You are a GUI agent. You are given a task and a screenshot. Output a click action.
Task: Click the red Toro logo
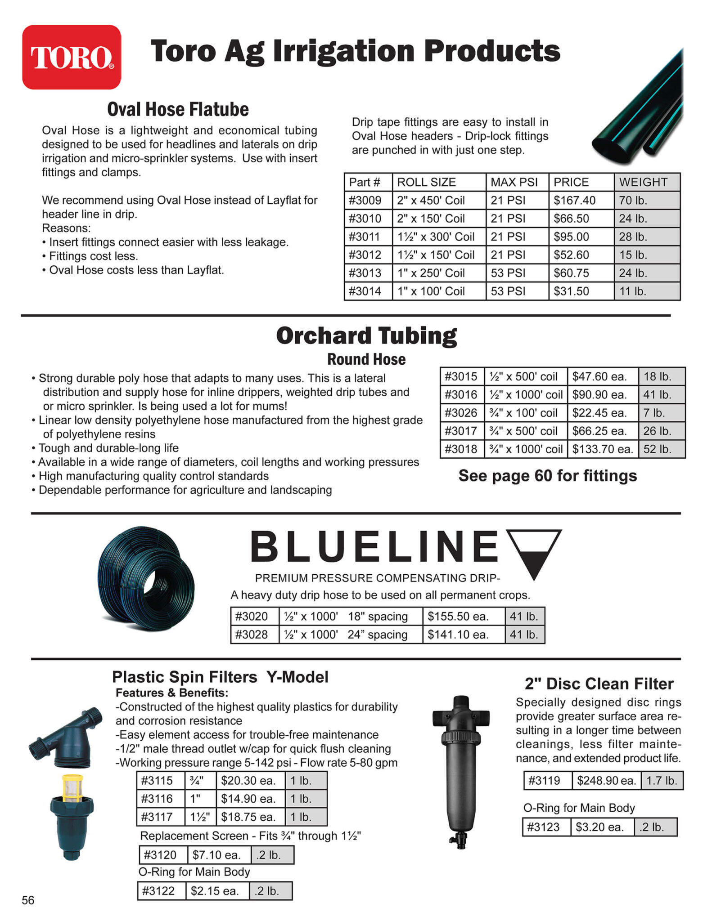coord(72,57)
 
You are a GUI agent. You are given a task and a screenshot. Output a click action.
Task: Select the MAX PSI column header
coord(514,182)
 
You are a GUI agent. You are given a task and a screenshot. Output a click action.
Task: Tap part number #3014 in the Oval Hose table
coord(365,291)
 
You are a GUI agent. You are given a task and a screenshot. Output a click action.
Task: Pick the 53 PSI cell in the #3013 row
coord(508,273)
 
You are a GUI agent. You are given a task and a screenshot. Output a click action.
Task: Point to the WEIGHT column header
coord(643,182)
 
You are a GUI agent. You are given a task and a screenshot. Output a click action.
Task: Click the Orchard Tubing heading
coord(366,335)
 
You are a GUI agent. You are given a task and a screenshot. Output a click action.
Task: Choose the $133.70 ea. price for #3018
coord(602,449)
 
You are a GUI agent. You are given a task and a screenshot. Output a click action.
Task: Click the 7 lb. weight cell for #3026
coord(653,413)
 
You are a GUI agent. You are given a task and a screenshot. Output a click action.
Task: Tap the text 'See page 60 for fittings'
coord(547,476)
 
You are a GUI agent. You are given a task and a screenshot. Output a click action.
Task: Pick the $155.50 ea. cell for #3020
coord(458,617)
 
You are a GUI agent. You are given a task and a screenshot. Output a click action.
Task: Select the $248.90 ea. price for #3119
coord(606,781)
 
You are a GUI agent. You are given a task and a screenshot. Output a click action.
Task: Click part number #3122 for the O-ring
coord(158,891)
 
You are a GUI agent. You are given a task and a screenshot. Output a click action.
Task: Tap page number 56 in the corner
coord(28,900)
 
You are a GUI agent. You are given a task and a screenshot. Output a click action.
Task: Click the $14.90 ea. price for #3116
coord(248,799)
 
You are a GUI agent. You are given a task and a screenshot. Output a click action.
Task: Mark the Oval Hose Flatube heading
coord(178,110)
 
